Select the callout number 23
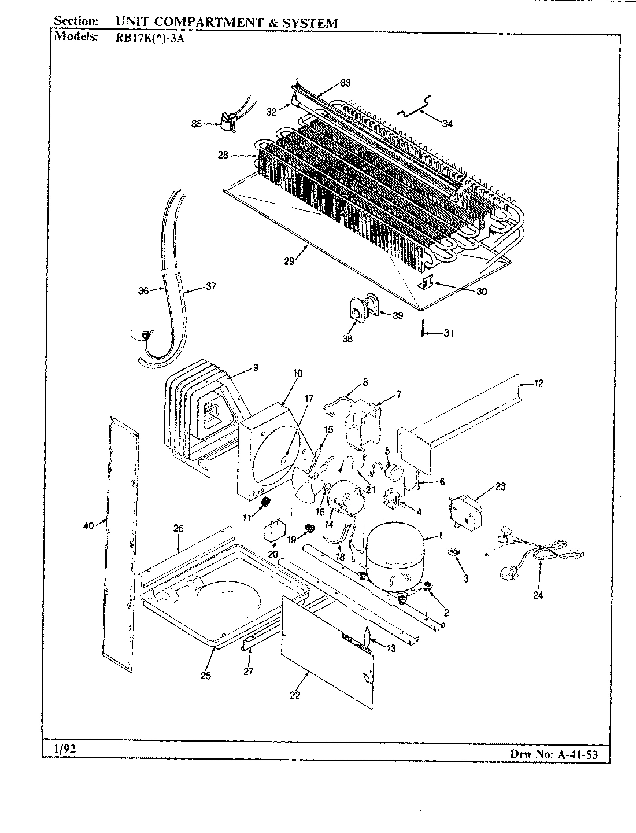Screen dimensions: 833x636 (x=500, y=486)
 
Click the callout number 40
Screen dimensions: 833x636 (x=88, y=525)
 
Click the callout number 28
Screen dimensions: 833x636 (x=223, y=155)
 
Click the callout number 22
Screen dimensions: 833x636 (x=295, y=695)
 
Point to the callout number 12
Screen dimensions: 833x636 (x=538, y=383)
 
